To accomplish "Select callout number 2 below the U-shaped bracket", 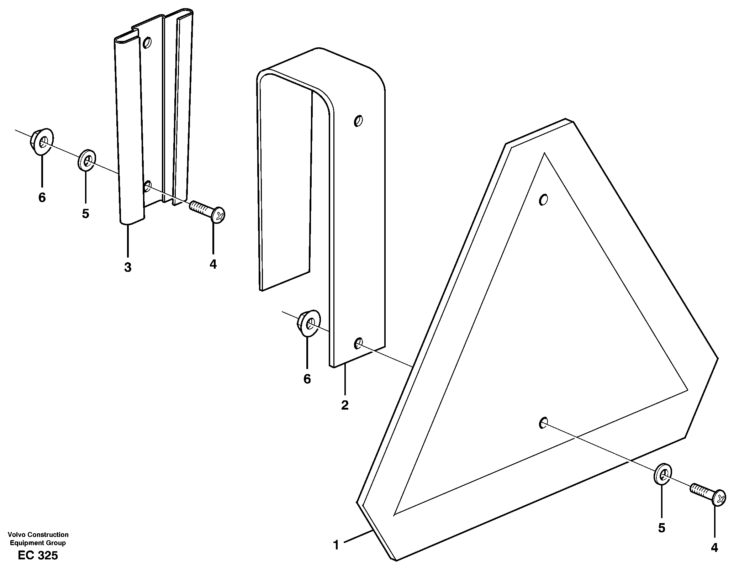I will click(x=345, y=405).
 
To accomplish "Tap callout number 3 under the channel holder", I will click(x=128, y=267).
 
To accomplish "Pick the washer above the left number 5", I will click(x=86, y=161).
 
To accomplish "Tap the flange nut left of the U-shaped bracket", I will click(x=308, y=323).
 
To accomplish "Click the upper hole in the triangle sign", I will click(x=543, y=200).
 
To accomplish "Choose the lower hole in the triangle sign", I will click(x=543, y=423).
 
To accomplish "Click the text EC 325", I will click(x=38, y=555).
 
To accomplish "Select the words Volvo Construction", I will click(x=38, y=534).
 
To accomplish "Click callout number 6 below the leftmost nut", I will click(x=42, y=197).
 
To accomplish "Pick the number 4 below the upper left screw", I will click(x=213, y=264).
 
